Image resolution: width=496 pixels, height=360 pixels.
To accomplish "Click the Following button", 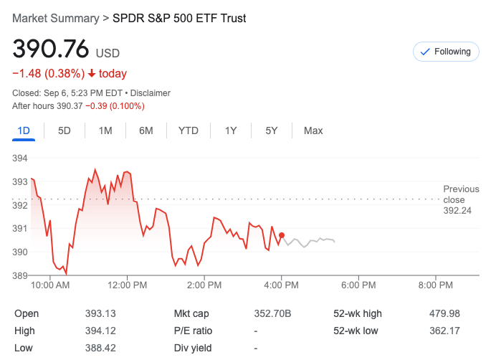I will (x=446, y=52).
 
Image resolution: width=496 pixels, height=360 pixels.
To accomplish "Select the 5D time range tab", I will (x=65, y=131).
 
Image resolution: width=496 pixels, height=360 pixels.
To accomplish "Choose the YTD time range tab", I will (x=189, y=131).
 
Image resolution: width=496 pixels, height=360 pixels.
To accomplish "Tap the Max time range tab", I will (x=313, y=131).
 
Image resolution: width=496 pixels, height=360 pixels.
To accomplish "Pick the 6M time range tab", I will (x=146, y=131).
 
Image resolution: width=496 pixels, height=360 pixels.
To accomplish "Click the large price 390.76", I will (x=50, y=49).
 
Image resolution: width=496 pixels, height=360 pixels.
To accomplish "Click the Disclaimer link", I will (x=151, y=93).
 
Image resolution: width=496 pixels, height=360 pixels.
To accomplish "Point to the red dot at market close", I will (x=282, y=235).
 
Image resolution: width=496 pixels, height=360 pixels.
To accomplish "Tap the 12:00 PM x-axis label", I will (x=127, y=285).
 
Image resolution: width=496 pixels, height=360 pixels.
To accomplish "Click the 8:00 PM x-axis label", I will (x=436, y=285).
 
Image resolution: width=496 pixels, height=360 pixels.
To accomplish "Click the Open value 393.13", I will (x=100, y=313).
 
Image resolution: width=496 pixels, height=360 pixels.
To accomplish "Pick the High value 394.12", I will (x=100, y=331).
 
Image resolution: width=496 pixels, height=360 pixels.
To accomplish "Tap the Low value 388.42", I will (x=100, y=348).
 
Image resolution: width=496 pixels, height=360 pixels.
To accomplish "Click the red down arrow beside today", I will (x=92, y=73).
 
